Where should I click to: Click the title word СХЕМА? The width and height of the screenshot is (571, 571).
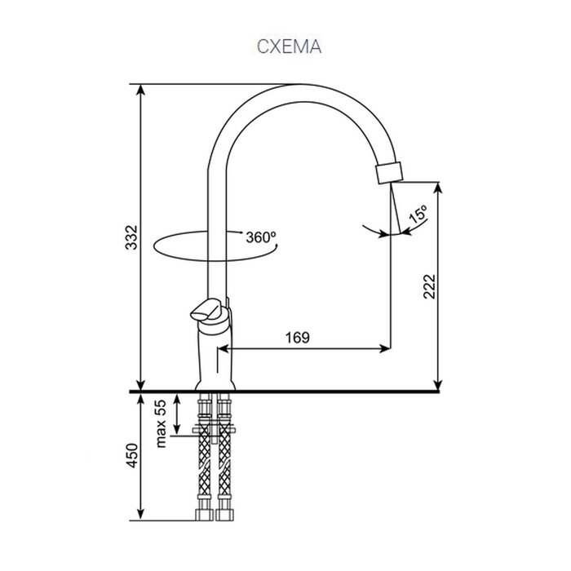pyautogui.click(x=289, y=46)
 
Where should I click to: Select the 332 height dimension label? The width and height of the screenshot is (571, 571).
pyautogui.click(x=131, y=237)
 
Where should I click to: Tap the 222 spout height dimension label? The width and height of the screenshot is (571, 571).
pyautogui.click(x=429, y=286)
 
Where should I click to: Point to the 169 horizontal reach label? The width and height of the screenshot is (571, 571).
pyautogui.click(x=298, y=338)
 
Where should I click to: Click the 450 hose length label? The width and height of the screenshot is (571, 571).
pyautogui.click(x=131, y=455)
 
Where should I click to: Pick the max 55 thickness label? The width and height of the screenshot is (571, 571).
pyautogui.click(x=161, y=423)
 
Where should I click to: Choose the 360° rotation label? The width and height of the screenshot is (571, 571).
pyautogui.click(x=261, y=237)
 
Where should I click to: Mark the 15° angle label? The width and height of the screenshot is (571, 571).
pyautogui.click(x=418, y=215)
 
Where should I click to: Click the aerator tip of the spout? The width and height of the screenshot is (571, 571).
pyautogui.click(x=389, y=173)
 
